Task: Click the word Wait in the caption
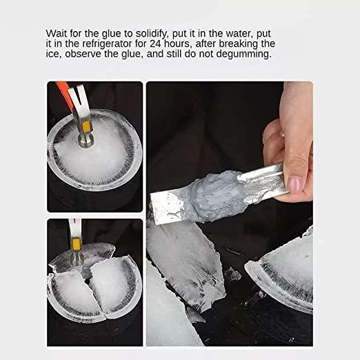click(57, 33)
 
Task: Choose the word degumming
click(243, 54)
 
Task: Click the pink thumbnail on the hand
click(296, 185)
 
